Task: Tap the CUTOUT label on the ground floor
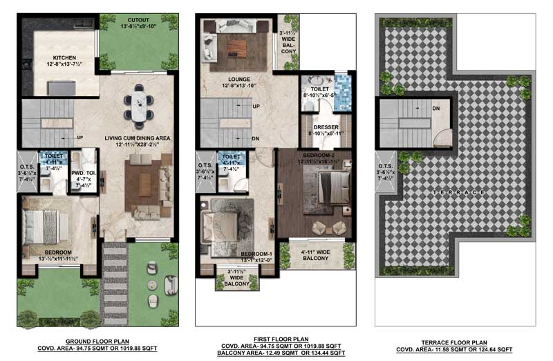pyautogui.click(x=138, y=19)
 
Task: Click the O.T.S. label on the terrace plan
pyautogui.click(x=385, y=165)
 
